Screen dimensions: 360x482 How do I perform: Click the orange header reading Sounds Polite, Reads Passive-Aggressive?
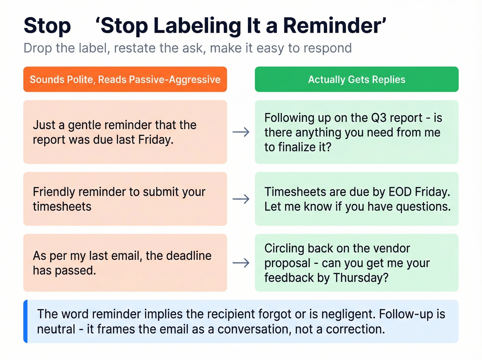click(125, 79)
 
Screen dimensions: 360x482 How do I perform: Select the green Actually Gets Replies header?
click(356, 79)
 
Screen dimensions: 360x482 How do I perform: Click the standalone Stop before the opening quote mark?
click(47, 26)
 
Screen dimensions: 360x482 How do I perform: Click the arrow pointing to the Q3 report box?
click(241, 132)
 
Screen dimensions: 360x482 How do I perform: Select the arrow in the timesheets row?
click(241, 199)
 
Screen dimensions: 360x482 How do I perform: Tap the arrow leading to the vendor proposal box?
click(241, 263)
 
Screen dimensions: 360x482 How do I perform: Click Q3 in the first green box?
click(379, 118)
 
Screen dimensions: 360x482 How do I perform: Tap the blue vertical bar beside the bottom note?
click(25, 321)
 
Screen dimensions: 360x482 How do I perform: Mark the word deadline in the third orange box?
click(189, 256)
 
